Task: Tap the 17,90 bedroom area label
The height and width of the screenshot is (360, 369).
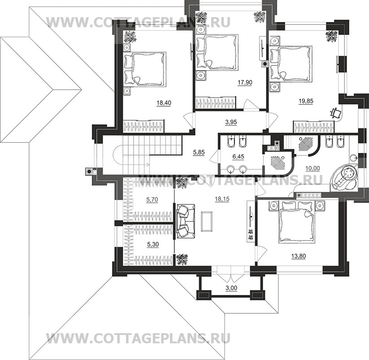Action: (244, 83)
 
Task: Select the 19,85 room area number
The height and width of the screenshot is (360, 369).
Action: (305, 101)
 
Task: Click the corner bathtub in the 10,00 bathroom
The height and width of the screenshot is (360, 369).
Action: (344, 178)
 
